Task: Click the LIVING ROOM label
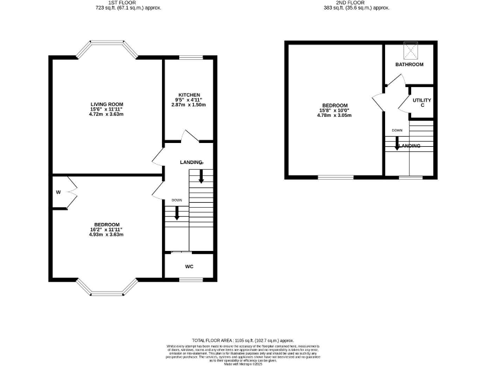click(106, 104)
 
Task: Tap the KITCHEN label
click(189, 95)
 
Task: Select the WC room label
click(189, 266)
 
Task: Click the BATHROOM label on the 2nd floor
click(409, 65)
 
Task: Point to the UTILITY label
click(422, 100)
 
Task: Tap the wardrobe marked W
click(57, 193)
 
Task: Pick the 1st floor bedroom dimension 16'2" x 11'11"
click(106, 229)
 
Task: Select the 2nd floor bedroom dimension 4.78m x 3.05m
click(334, 116)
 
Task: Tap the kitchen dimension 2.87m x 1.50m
click(189, 105)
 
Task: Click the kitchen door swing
click(188, 136)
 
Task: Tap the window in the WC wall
click(189, 280)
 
